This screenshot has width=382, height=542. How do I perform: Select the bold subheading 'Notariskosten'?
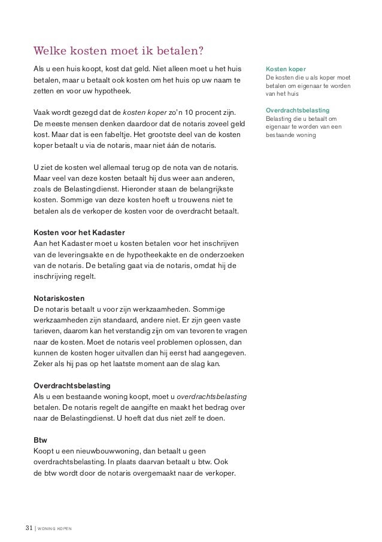pyautogui.click(x=59, y=298)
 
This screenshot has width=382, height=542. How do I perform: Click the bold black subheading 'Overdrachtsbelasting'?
pyautogui.click(x=72, y=385)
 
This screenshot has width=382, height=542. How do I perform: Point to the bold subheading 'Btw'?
pyautogui.click(x=40, y=440)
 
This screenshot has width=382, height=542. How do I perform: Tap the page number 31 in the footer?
pyautogui.click(x=28, y=528)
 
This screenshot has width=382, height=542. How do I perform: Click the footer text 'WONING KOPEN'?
pyautogui.click(x=55, y=529)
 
